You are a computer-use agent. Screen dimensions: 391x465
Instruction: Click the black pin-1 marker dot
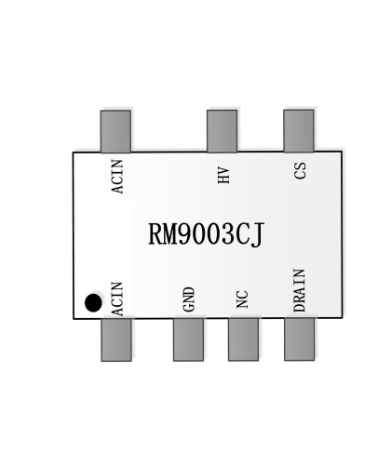[93, 303]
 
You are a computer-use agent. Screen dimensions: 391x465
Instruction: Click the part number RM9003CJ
[207, 234]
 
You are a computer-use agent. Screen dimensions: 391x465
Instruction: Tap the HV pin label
[223, 175]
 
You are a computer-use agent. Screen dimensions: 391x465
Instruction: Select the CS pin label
[300, 170]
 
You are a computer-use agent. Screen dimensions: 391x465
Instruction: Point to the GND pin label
[189, 299]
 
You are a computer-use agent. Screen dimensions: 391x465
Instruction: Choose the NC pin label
[242, 299]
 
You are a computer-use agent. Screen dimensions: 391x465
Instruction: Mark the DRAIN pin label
[300, 290]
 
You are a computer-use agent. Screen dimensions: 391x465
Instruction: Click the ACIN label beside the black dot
[117, 299]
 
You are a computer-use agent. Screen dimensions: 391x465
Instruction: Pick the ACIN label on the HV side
[117, 177]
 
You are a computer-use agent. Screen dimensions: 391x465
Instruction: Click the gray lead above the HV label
[222, 131]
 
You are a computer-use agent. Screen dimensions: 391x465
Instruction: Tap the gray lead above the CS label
[299, 130]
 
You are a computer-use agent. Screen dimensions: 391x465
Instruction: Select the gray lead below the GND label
[188, 339]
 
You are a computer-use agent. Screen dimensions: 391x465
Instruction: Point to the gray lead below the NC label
[243, 339]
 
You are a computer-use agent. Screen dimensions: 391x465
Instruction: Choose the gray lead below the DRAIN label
[299, 339]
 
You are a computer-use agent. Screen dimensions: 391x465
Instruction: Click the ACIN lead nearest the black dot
[116, 339]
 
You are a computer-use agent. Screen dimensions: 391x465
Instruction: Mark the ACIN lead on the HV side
[115, 131]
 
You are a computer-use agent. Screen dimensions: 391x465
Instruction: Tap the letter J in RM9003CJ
[257, 235]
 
